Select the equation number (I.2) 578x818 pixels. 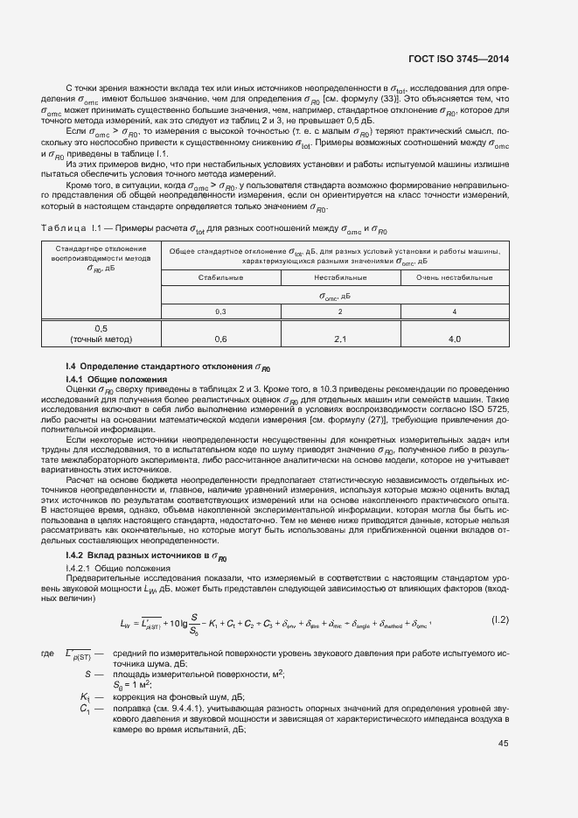point(498,620)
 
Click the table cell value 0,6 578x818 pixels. point(220,339)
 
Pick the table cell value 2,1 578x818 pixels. point(340,339)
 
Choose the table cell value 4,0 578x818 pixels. point(455,339)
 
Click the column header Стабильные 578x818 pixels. point(220,276)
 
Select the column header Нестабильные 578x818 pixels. point(340,276)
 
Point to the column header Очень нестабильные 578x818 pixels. point(455,276)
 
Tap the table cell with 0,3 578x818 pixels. point(220,311)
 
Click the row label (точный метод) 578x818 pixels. point(101,339)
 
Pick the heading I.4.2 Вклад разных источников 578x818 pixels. point(145,556)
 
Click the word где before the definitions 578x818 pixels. point(47,654)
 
